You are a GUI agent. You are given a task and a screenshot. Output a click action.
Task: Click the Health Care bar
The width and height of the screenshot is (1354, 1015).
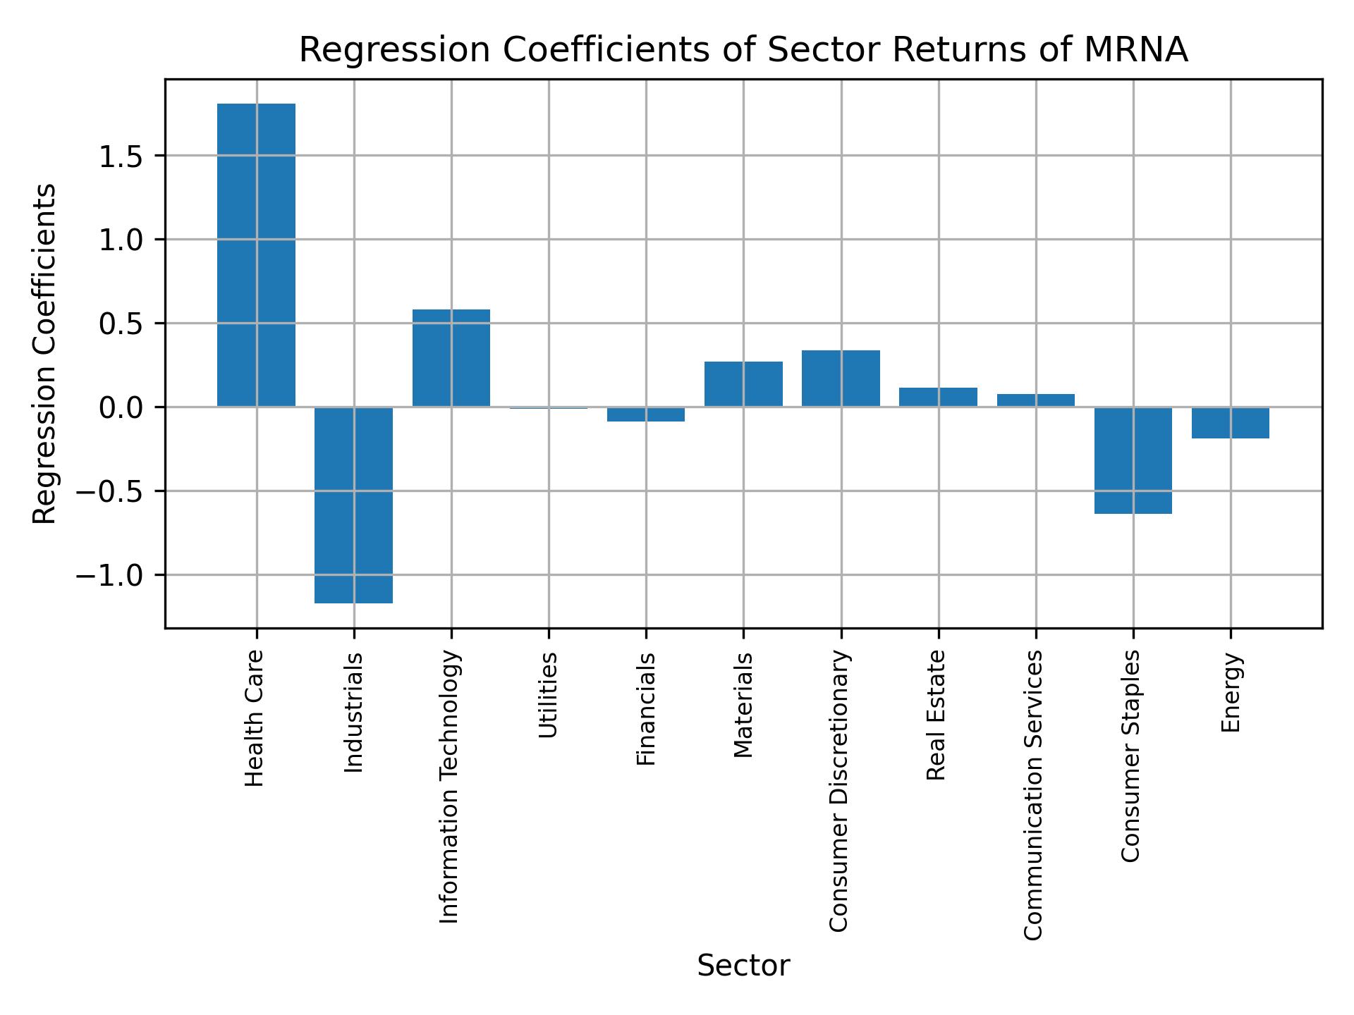256,255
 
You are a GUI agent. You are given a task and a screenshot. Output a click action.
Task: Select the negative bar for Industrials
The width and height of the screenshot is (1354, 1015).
353,505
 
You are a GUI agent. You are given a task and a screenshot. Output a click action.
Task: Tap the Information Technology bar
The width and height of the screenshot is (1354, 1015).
451,358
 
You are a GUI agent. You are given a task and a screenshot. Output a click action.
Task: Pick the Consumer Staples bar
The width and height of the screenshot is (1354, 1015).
1133,460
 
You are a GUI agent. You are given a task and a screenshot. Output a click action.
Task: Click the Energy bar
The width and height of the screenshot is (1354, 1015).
1231,423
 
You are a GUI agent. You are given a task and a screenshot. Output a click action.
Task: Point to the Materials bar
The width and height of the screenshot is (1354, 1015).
743,384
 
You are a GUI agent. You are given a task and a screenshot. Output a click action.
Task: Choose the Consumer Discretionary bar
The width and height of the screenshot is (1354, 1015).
841,379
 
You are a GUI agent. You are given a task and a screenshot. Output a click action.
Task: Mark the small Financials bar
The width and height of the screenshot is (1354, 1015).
646,414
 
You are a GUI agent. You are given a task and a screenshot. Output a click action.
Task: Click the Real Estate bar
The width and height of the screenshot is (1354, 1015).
938,398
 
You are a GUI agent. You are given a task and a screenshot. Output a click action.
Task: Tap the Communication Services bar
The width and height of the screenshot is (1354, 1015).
1035,400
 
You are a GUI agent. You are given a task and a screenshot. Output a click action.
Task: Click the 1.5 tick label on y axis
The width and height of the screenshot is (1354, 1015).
121,156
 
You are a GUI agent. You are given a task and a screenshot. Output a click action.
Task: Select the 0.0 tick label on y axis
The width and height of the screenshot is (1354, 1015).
121,408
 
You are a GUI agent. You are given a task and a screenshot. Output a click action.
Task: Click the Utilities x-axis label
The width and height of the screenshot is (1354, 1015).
549,695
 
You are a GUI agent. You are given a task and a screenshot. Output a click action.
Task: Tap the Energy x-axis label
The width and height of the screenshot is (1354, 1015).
1231,693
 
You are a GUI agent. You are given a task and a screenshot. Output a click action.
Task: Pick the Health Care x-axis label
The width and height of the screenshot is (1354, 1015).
255,718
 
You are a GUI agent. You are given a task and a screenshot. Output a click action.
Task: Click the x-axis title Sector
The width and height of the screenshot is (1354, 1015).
743,966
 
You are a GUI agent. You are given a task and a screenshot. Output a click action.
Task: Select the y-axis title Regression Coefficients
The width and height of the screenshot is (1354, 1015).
45,354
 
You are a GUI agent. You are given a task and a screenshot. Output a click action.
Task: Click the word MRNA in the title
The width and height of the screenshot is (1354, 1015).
1136,51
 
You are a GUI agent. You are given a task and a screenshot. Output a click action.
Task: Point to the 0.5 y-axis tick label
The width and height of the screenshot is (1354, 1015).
121,324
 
